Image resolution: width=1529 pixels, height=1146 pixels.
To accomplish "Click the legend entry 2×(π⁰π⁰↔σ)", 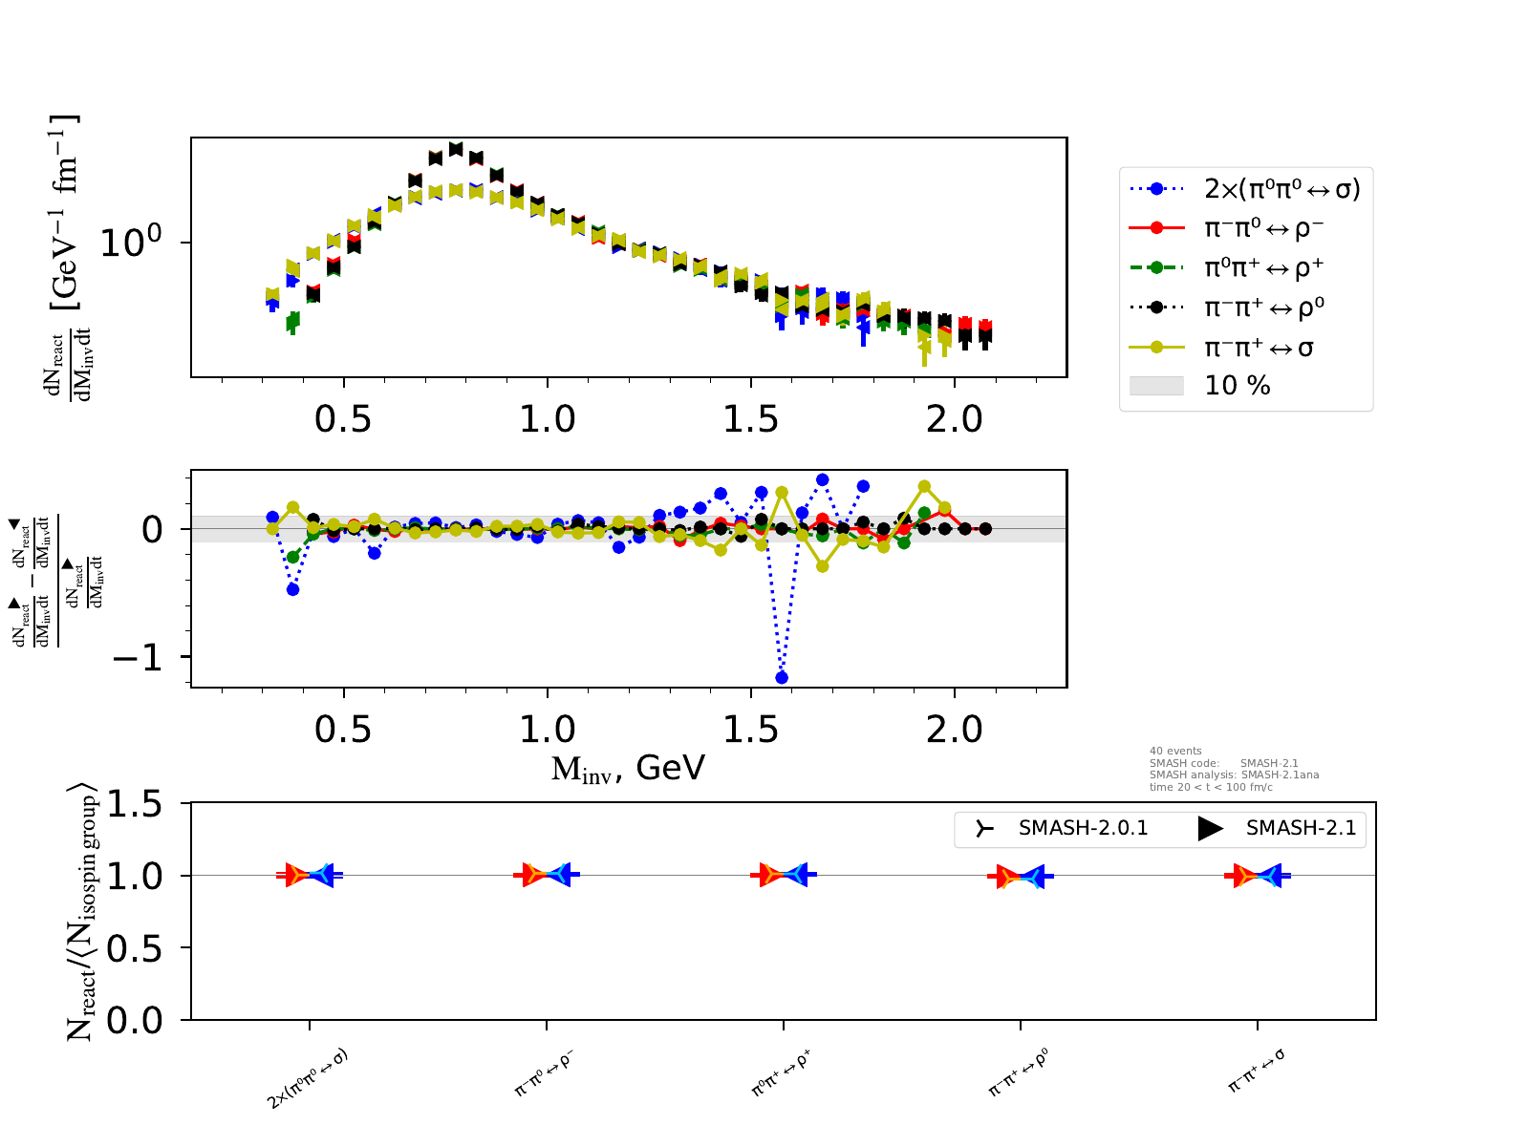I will coord(1281,188).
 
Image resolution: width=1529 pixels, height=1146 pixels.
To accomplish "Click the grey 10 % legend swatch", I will coord(1156,386).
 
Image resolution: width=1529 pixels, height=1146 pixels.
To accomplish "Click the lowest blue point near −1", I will coord(782,677).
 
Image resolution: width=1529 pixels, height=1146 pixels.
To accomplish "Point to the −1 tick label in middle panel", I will coord(138,658).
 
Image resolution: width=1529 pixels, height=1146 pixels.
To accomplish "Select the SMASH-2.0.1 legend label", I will coord(1083,828).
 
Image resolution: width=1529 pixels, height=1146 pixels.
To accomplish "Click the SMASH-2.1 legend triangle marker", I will coord(1210,828).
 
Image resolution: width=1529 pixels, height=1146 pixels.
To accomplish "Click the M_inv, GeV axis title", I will coord(628,768).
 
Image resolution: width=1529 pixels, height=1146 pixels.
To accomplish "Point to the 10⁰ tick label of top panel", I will coord(132,243).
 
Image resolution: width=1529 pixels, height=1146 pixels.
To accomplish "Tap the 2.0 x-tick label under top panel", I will coord(955,418).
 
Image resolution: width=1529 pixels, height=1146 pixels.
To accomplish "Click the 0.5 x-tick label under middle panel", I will coord(343,731).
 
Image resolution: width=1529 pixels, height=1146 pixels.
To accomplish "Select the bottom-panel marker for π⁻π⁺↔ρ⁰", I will coord(1021,876).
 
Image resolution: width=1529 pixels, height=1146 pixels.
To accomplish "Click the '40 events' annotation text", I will coord(1175,751).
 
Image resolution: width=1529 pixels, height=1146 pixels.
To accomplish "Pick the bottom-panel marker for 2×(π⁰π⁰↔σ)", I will coord(310,875).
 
